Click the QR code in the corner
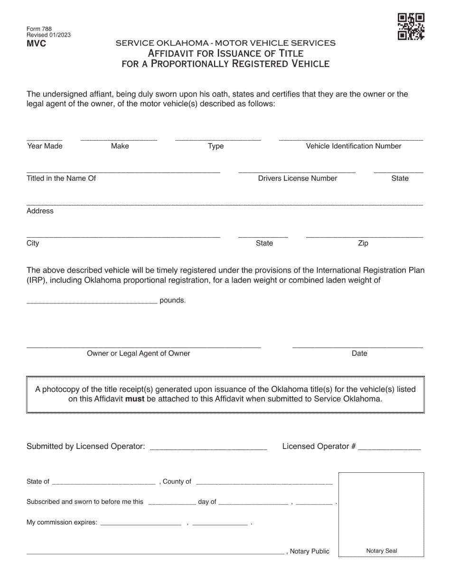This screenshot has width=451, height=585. click(411, 27)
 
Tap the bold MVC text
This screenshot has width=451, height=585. click(37, 44)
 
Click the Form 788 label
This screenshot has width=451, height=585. click(39, 29)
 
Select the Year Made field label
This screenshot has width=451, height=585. click(45, 146)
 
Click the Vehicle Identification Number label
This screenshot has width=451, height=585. click(354, 146)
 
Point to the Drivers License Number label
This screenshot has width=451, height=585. click(298, 178)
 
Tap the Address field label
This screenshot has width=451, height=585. click(40, 211)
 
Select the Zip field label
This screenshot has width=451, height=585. click(363, 243)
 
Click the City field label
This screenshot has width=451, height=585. click(33, 243)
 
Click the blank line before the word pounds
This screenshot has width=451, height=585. click(92, 300)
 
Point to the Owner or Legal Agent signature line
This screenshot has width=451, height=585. click(143, 345)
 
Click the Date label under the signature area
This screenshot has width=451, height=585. click(359, 353)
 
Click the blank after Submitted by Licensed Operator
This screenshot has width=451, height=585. click(208, 447)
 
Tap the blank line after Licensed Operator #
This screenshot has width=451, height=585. click(389, 447)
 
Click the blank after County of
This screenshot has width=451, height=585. click(264, 482)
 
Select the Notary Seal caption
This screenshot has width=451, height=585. click(382, 551)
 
